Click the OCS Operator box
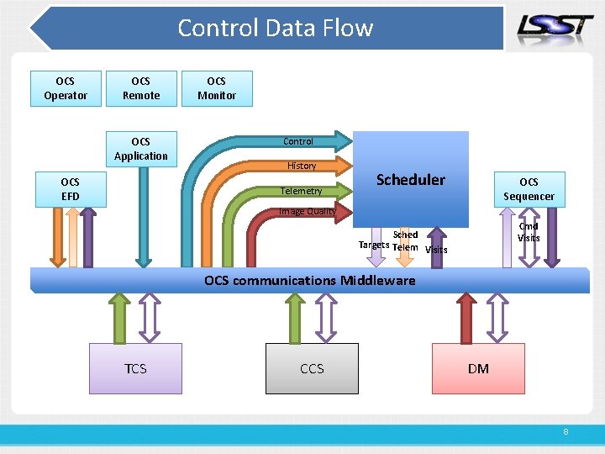coord(66,88)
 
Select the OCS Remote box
coord(141,88)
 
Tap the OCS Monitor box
coord(217,88)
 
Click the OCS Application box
coord(141,149)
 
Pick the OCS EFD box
coord(70,189)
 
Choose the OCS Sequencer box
coord(529,189)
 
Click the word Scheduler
coord(411,180)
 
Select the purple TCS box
coord(135,368)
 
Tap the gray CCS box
coord(312,368)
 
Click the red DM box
coord(478,368)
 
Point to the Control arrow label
coord(298,141)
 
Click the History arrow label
coord(302,166)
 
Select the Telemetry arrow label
coord(301,191)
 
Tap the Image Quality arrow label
coord(307,212)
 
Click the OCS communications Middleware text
coord(309,280)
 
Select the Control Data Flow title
coord(275,28)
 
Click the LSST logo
coord(555,27)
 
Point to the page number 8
coord(566,431)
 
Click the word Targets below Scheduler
coord(373,245)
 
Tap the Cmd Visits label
coord(529,232)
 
